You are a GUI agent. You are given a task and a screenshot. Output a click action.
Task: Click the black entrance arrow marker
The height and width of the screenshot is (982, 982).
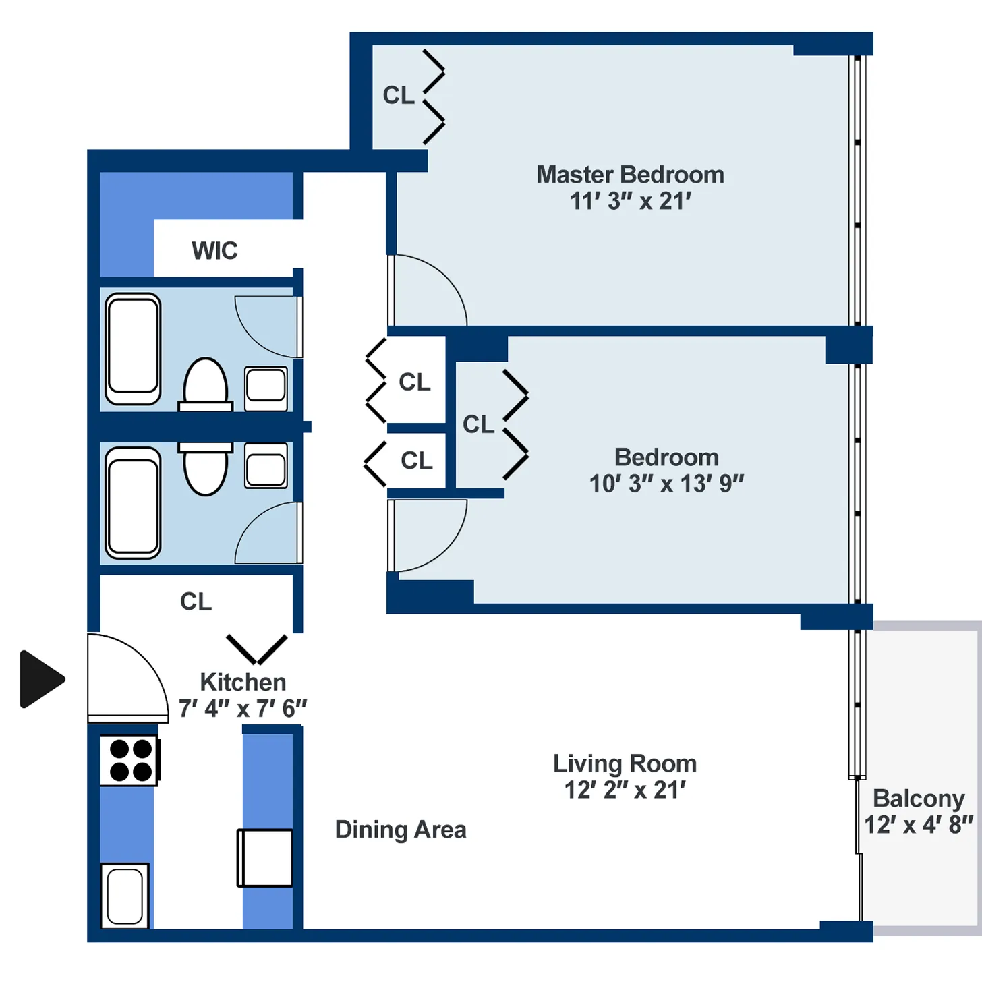[x=40, y=679]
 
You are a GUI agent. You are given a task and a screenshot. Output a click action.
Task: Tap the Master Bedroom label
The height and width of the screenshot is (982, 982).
[x=630, y=175]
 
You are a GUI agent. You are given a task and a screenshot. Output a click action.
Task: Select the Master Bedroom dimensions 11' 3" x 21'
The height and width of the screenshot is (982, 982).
[x=630, y=201]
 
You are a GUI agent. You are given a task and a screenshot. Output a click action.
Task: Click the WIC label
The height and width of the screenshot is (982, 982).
[x=214, y=251]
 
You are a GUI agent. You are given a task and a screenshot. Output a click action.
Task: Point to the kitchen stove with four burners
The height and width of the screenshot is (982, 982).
[x=129, y=760]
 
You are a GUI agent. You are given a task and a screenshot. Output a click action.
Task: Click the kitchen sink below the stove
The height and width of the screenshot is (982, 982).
[x=125, y=896]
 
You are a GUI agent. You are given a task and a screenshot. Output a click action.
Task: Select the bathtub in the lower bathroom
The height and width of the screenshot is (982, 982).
[x=133, y=502]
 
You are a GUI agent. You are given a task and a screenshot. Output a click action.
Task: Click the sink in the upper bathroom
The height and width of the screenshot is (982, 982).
[x=266, y=388]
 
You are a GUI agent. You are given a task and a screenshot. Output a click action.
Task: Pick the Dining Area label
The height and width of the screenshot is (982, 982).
[x=401, y=830]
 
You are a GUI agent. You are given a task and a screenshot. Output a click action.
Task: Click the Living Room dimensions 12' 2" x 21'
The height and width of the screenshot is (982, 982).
[x=625, y=790]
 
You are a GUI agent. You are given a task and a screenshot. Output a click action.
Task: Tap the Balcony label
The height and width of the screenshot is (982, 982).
[x=918, y=799]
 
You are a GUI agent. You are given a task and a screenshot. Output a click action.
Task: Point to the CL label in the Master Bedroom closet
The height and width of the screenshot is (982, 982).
[x=398, y=96]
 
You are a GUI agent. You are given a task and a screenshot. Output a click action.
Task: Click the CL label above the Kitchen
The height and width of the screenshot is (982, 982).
[x=196, y=602]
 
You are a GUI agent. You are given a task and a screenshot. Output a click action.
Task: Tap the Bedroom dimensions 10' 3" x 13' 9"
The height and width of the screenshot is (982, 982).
[x=666, y=484]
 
